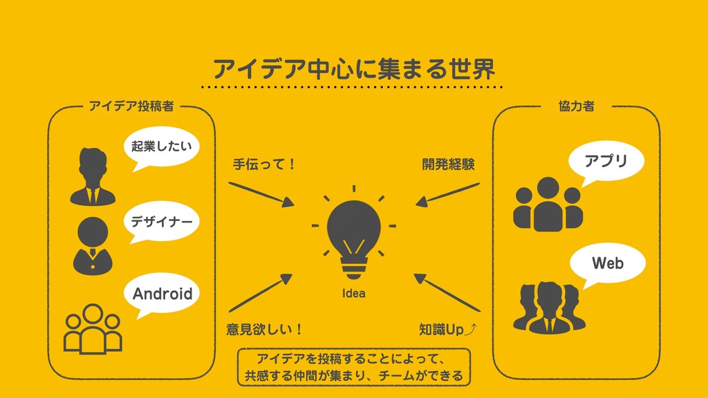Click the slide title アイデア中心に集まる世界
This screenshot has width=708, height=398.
pyautogui.click(x=354, y=68)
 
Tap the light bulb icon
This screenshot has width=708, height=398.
pyautogui.click(x=353, y=234)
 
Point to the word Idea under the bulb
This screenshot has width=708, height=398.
pyautogui.click(x=353, y=294)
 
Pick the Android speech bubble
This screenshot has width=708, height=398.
pyautogui.click(x=162, y=294)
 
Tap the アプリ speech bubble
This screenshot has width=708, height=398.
pyautogui.click(x=606, y=161)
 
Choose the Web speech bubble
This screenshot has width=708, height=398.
pyautogui.click(x=607, y=263)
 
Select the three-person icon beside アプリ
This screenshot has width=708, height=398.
pyautogui.click(x=546, y=204)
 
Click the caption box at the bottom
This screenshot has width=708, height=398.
pyautogui.click(x=353, y=368)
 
